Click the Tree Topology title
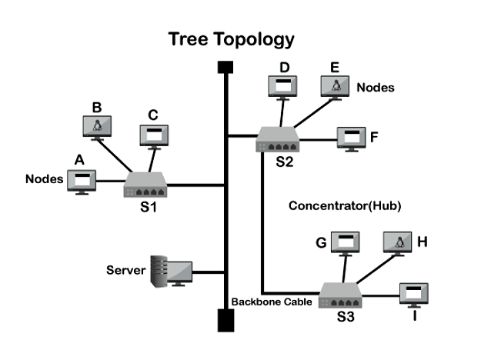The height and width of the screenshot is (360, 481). coord(231,39)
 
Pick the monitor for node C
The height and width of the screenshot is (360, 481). coord(153,135)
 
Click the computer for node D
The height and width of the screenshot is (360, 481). coord(282,86)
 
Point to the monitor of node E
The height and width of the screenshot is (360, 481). coord(336,86)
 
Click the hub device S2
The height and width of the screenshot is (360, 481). coord(278,139)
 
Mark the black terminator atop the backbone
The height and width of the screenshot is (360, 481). coord(225,67)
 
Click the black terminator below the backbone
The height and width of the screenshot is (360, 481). coord(225,319)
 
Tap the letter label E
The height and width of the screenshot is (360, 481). coord(335,67)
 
